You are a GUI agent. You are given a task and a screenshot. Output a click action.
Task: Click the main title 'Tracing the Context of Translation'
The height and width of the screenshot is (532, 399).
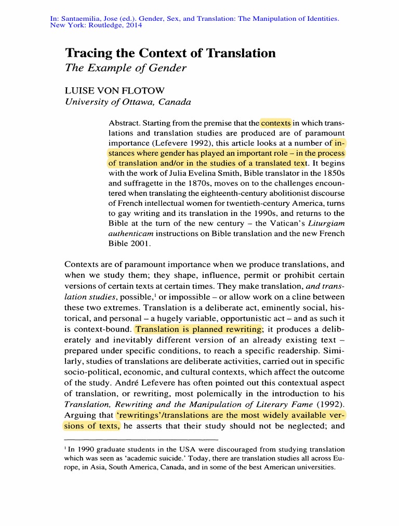[x=170, y=54]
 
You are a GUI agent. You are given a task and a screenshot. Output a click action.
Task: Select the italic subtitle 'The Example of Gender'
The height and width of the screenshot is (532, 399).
[x=125, y=68]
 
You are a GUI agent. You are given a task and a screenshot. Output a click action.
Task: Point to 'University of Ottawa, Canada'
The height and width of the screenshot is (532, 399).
[x=128, y=102]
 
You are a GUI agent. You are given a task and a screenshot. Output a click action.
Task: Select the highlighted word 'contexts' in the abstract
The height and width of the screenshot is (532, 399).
[x=276, y=123]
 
